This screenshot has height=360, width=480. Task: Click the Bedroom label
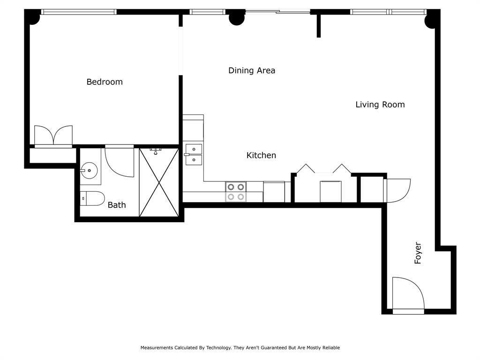click(x=105, y=82)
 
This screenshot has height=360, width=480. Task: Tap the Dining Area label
click(x=252, y=70)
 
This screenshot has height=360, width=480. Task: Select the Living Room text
click(x=380, y=105)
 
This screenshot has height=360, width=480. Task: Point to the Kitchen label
click(x=261, y=155)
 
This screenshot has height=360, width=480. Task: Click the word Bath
click(x=117, y=205)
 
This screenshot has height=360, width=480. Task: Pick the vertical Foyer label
click(x=418, y=253)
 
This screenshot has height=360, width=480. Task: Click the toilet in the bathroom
click(x=92, y=198)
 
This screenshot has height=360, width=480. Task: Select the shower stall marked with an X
click(x=159, y=182)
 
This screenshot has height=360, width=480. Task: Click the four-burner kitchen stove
click(x=236, y=192)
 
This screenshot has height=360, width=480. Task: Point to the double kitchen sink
click(x=194, y=155)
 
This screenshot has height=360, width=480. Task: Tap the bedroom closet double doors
click(x=53, y=135)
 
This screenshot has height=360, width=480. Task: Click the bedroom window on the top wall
click(x=79, y=12)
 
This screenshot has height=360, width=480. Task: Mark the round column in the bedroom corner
click(x=34, y=19)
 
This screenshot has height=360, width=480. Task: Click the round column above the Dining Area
click(x=237, y=19)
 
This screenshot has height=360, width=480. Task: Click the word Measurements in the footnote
click(x=157, y=348)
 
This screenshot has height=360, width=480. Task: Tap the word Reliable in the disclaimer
click(x=331, y=348)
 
